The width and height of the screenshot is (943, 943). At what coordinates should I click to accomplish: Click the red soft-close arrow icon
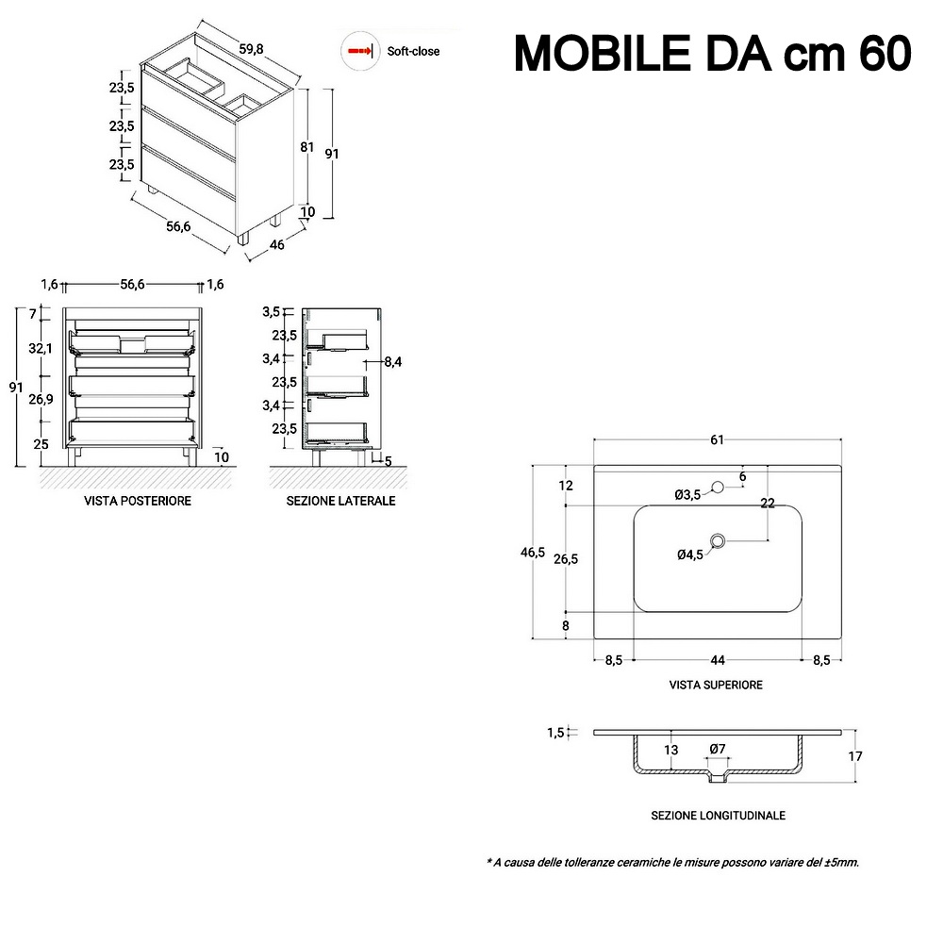pyautogui.click(x=360, y=51)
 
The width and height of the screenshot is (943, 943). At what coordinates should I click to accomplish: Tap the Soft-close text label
pyautogui.click(x=413, y=52)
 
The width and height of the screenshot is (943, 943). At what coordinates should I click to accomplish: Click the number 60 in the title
pyautogui.click(x=885, y=54)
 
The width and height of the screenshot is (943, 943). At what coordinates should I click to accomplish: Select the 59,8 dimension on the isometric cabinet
pyautogui.click(x=251, y=49)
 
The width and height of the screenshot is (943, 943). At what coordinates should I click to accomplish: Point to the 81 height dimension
pyautogui.click(x=307, y=147)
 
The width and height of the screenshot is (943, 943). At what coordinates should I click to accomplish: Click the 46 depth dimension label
pyautogui.click(x=276, y=245)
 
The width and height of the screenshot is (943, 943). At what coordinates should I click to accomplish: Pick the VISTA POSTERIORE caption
pyautogui.click(x=138, y=501)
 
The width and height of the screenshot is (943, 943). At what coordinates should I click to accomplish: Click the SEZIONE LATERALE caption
pyautogui.click(x=341, y=501)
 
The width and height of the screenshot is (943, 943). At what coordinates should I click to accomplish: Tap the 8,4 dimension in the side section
pyautogui.click(x=392, y=362)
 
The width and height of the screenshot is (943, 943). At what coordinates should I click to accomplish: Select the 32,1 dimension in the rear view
pyautogui.click(x=41, y=348)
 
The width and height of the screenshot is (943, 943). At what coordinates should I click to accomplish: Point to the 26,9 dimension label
pyautogui.click(x=41, y=399)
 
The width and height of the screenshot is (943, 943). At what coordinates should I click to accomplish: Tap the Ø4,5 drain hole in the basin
pyautogui.click(x=718, y=541)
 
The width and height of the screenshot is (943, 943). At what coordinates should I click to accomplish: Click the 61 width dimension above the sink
pyautogui.click(x=717, y=440)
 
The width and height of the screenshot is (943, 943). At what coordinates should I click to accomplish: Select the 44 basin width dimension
pyautogui.click(x=718, y=660)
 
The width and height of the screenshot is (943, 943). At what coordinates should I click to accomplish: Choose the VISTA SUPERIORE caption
pyautogui.click(x=716, y=685)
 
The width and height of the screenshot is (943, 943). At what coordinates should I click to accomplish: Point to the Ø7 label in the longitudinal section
pyautogui.click(x=718, y=750)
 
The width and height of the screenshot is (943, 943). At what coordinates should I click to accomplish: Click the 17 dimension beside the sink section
pyautogui.click(x=855, y=756)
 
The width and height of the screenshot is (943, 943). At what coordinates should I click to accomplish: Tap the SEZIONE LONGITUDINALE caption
pyautogui.click(x=718, y=816)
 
